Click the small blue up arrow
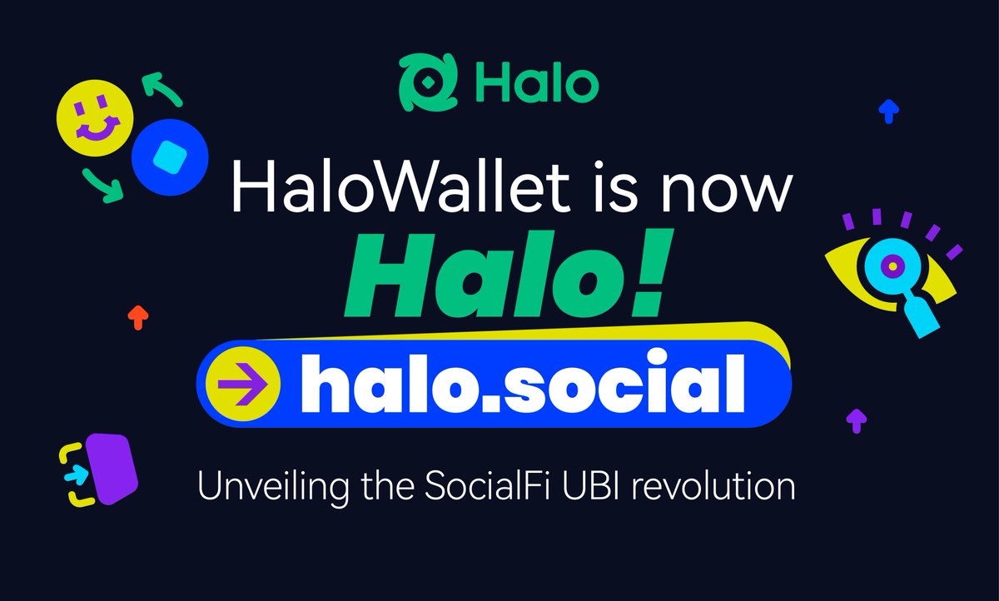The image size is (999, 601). [889, 109]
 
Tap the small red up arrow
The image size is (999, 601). [138, 315]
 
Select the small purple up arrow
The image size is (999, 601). [854, 419]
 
